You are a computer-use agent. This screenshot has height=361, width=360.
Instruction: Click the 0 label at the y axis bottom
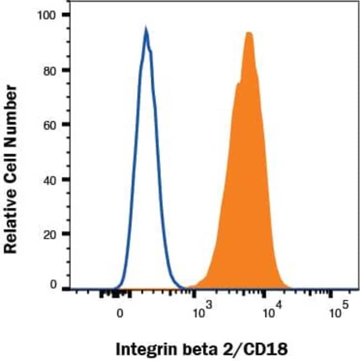pyautogui.click(x=54, y=285)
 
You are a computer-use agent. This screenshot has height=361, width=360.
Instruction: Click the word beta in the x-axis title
pyautogui.click(x=197, y=349)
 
